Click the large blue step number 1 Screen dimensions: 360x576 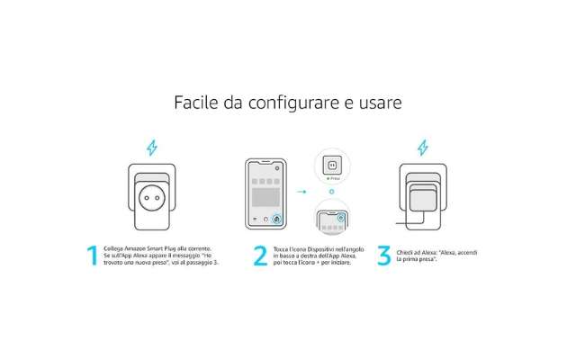(92, 256)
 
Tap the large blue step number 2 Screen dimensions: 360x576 (259, 256)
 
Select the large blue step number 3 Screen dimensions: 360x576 (384, 256)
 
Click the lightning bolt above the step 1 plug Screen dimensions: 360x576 (151, 147)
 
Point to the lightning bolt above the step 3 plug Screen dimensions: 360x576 (423, 147)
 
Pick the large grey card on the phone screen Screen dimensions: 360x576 (266, 193)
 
